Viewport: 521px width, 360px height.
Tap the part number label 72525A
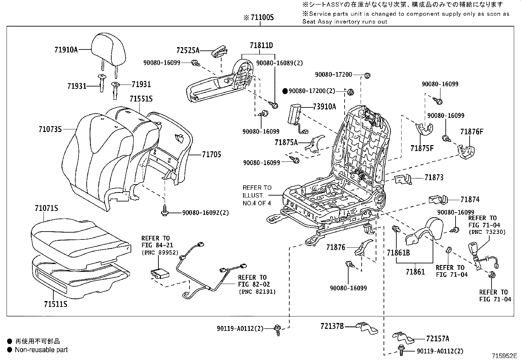coord(188,50)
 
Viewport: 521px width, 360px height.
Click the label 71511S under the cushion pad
coord(56,304)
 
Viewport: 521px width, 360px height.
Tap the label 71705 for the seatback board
coord(211,154)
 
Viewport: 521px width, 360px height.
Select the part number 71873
coord(434,178)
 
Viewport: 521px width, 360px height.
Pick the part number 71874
coord(470,199)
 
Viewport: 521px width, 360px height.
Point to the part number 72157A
coord(438,339)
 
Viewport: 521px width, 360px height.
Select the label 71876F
coord(472,132)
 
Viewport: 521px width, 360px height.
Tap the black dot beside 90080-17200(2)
coord(285,91)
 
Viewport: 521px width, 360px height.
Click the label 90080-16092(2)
coord(205,213)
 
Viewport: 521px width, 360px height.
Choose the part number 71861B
coord(398,253)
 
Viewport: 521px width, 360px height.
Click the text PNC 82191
coord(257,292)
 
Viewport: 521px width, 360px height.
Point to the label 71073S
coord(50,129)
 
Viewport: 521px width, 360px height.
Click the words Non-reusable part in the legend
coord(41,350)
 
